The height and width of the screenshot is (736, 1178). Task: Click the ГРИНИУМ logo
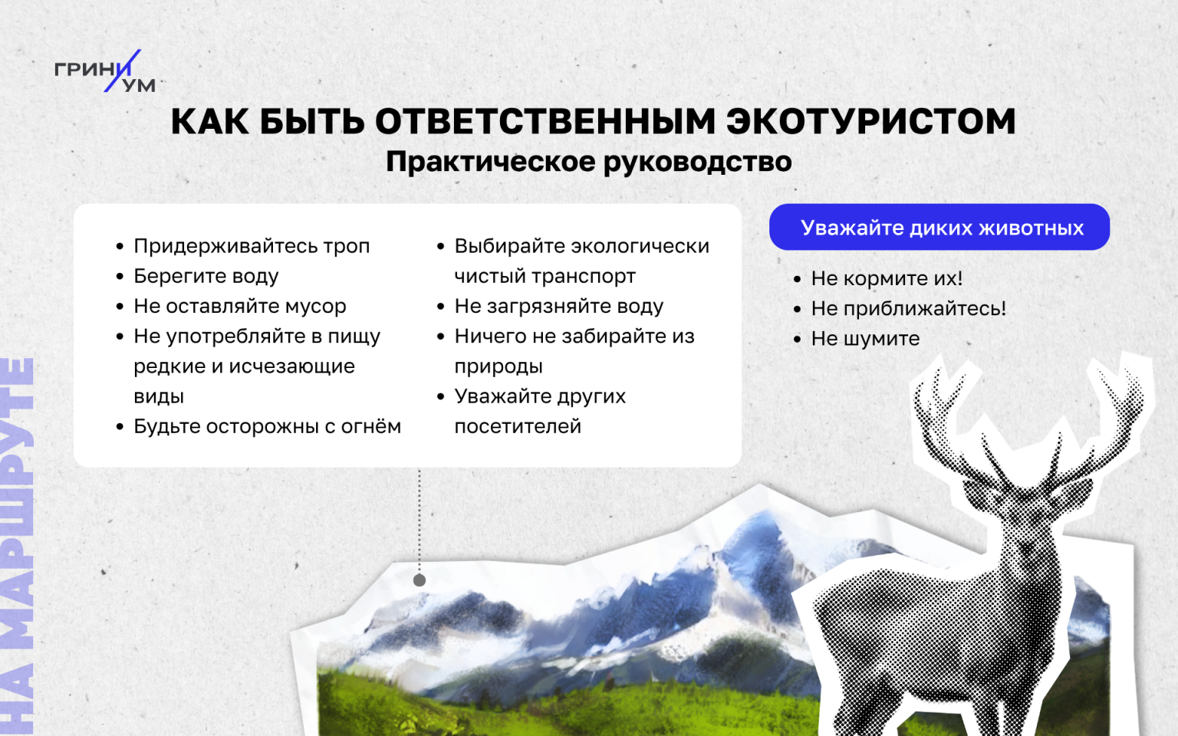[x=105, y=71]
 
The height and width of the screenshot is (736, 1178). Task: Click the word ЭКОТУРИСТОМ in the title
[x=871, y=121]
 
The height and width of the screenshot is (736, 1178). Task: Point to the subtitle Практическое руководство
[x=588, y=162]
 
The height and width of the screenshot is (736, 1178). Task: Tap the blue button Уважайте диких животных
[x=939, y=227]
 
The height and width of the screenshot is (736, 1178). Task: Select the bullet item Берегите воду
[x=206, y=276]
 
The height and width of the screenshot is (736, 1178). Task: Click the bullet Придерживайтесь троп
[x=252, y=246]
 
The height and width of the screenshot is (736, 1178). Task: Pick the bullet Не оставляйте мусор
[x=240, y=306]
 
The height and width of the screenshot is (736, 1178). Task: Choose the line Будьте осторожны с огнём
[x=267, y=426]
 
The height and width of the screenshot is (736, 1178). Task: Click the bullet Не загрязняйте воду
[x=558, y=306]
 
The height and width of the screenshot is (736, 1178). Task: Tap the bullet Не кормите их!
[x=887, y=278]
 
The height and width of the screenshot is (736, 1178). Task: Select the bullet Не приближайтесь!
[x=908, y=309]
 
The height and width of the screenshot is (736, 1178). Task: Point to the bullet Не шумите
[x=865, y=339]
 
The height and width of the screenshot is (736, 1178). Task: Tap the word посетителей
[x=518, y=426]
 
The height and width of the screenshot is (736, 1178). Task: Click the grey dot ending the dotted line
[x=420, y=580]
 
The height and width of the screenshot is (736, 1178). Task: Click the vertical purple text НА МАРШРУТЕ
[x=18, y=547]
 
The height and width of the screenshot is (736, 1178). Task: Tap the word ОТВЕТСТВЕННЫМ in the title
[x=545, y=121]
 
